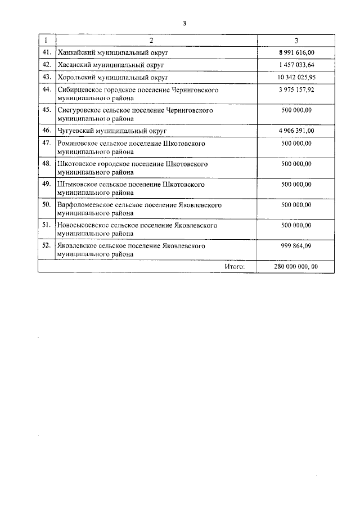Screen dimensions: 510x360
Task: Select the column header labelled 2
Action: [x=151, y=41]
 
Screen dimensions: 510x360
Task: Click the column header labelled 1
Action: [x=46, y=41]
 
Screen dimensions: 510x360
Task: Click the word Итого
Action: [x=235, y=266]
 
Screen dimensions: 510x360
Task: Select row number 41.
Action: [x=46, y=52]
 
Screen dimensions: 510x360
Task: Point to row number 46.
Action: [x=46, y=131]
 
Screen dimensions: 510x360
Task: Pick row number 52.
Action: [x=46, y=246]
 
